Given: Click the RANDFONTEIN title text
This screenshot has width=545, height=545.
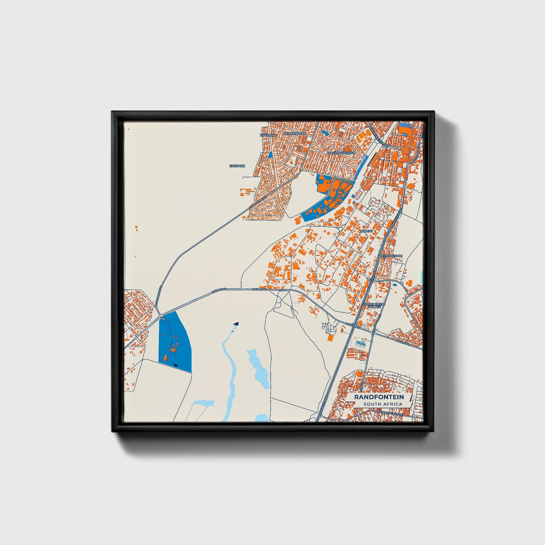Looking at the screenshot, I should tap(379, 397).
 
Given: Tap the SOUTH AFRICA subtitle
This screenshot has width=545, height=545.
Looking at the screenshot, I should tap(382, 404).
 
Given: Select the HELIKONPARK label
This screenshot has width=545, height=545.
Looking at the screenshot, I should tap(295, 134).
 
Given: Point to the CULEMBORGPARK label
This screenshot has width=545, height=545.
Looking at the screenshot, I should tap(341, 153).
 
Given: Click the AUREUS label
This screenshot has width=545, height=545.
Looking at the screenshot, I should tap(366, 231).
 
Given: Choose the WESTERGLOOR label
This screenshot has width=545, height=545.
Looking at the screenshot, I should tap(390, 256).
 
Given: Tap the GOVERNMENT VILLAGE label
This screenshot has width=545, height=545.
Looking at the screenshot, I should tap(374, 305).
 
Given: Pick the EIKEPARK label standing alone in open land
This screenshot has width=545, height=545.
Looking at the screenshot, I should tap(237, 166).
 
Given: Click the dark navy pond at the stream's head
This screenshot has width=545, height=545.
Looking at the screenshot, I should tap(236, 324).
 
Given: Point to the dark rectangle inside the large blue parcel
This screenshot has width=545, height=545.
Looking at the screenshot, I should tap(175, 365).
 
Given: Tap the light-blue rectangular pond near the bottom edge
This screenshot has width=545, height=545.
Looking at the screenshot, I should tap(203, 403).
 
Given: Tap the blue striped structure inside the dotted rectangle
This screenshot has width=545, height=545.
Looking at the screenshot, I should tap(361, 344).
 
